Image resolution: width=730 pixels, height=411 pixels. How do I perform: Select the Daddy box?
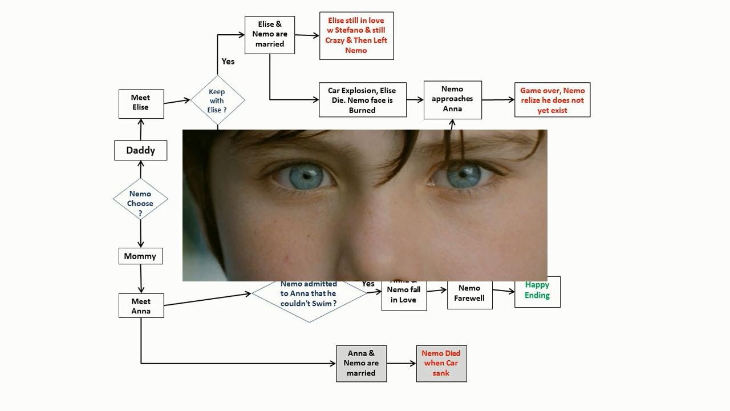point(140,150)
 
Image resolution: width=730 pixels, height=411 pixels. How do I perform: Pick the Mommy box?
point(140,256)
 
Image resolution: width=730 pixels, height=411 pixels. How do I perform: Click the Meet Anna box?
point(141,306)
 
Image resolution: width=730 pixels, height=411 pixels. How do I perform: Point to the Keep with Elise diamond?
point(217,100)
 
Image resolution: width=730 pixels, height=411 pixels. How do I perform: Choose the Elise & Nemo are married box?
point(270,35)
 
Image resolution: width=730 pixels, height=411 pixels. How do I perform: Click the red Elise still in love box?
point(356,35)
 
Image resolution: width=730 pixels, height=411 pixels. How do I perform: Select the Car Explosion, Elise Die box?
point(363,100)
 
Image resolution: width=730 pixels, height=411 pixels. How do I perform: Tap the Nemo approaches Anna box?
point(452,99)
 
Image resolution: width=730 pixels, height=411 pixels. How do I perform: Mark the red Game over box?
point(552,100)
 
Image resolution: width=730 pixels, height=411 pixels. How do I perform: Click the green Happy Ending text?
point(537,291)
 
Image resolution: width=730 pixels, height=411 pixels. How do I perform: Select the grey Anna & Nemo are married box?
point(361,364)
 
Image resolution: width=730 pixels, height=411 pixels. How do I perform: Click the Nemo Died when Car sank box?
point(441,364)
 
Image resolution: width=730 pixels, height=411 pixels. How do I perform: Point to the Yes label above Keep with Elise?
point(228,62)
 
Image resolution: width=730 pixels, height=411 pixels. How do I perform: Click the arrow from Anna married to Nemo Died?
point(401,364)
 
